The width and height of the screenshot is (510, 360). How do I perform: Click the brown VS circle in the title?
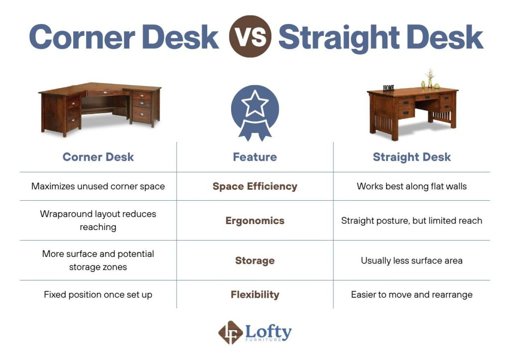[250, 37]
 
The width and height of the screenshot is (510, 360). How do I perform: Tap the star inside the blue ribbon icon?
[255, 104]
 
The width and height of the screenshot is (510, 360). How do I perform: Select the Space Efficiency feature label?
[255, 186]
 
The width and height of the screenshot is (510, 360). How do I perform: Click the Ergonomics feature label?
[255, 221]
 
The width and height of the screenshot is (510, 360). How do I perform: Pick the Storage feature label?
[255, 260]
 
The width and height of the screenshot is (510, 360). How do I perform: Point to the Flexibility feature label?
[255, 294]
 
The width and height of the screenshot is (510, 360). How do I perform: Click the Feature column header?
[255, 157]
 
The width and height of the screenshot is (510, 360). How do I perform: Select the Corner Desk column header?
[98, 157]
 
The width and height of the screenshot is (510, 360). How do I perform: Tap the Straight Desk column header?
[411, 157]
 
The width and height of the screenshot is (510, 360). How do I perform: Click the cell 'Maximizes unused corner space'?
[98, 186]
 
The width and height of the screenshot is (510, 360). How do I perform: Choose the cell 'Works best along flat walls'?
[411, 186]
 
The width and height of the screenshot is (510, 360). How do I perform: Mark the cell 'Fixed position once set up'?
[98, 294]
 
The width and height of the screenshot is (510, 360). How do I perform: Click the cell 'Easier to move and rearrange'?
[411, 294]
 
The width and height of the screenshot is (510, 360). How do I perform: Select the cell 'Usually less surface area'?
[411, 260]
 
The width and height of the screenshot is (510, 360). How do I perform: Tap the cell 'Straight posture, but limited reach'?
[411, 221]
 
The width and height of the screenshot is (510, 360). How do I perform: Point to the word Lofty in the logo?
[268, 331]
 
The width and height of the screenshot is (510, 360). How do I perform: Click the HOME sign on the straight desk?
[388, 88]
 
